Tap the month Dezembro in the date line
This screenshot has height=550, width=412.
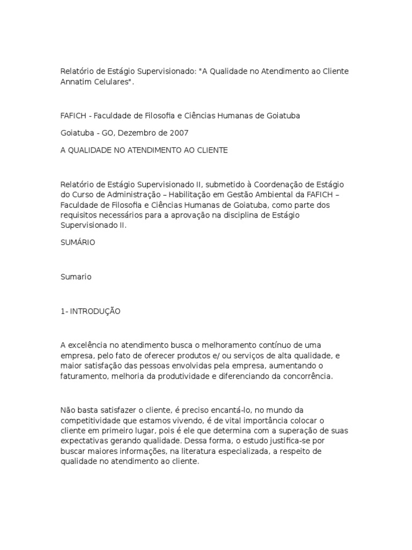(149, 132)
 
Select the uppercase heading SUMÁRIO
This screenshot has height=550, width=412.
(78, 242)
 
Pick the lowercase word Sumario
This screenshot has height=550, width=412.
(76, 277)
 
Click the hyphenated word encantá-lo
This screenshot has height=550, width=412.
(219, 411)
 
